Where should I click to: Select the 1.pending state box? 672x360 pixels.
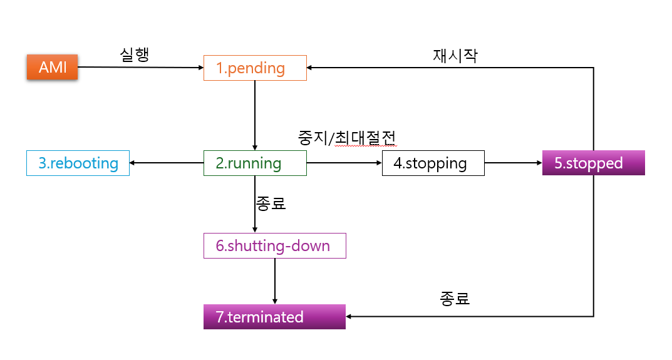[x=255, y=68]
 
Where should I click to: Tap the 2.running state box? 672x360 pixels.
[x=255, y=163]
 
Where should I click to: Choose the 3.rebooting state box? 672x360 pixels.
[x=78, y=163]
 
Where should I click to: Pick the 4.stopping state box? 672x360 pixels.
[x=433, y=163]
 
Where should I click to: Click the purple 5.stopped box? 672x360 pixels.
[x=593, y=163]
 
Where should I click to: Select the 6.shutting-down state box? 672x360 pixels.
[x=274, y=246]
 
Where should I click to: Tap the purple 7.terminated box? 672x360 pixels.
[x=274, y=317]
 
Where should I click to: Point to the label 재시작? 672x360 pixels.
[x=455, y=55]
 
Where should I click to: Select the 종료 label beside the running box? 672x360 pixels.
[x=271, y=203]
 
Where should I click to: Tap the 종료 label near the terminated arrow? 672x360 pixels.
[x=455, y=298]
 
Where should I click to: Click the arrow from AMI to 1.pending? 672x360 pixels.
[x=140, y=67]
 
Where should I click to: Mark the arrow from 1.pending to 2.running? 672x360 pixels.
[x=255, y=115]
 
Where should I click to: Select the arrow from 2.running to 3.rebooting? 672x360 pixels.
[x=167, y=163]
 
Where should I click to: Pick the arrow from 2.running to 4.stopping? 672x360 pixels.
[x=344, y=163]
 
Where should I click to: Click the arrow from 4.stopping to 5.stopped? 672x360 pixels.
[x=513, y=163]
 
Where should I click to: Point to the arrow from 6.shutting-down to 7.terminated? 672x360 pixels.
[x=275, y=281]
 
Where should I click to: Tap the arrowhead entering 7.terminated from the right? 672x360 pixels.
[x=349, y=317]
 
